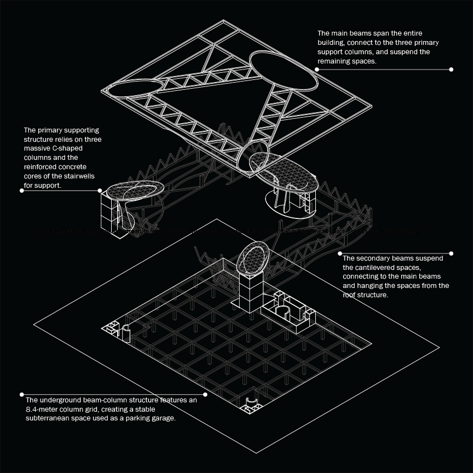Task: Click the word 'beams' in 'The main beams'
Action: (356, 33)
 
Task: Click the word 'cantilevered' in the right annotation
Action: (366, 267)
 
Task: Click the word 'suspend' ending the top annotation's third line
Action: (416, 52)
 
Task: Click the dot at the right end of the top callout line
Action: (451, 70)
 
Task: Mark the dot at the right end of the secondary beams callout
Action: (451, 253)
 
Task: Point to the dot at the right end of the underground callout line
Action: (205, 394)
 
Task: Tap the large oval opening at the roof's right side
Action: (282, 72)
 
